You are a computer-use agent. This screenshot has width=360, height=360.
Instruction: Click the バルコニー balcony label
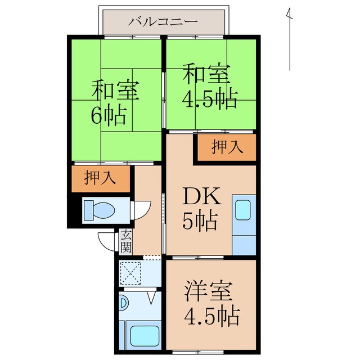pos(163,22)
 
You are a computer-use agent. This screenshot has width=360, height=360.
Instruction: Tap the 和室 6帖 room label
pos(115,103)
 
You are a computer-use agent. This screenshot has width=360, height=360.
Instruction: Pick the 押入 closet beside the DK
pos(227,147)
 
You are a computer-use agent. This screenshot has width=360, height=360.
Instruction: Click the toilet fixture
pos(99,210)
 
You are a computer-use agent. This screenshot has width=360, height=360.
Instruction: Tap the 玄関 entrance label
pos(126,242)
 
